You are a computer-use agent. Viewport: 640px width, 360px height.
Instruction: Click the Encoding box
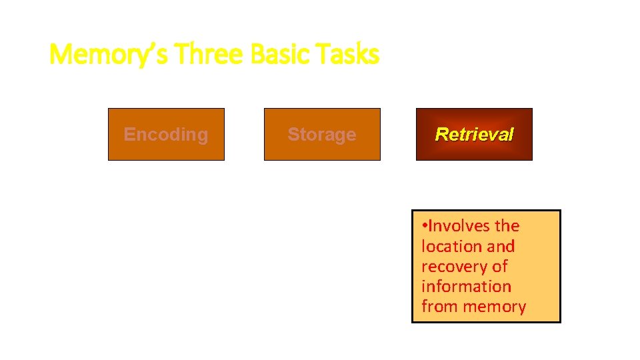[x=166, y=134]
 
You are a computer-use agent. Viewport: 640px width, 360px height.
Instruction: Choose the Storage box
[x=322, y=134]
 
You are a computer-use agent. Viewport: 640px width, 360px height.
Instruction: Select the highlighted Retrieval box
[x=474, y=134]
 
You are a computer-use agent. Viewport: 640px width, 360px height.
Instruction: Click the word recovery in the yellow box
[x=451, y=267]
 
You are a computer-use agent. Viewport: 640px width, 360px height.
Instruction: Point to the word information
[x=466, y=287]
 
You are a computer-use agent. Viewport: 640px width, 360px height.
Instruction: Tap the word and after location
[x=501, y=246]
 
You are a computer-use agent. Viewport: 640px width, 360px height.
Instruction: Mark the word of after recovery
[x=499, y=266]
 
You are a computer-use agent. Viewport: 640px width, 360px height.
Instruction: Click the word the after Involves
[x=507, y=226]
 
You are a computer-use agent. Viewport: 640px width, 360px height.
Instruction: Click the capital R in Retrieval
[x=441, y=134]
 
